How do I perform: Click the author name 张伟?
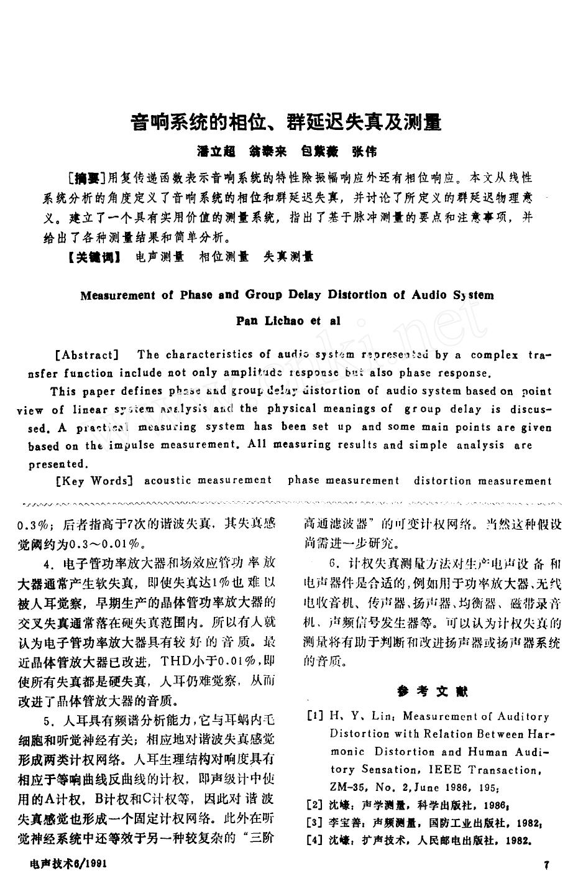click(364, 152)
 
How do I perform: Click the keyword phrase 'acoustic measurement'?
click(208, 480)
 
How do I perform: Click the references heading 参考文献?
click(432, 691)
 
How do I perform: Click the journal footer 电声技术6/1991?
click(69, 865)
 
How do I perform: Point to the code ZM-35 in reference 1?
click(347, 788)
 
